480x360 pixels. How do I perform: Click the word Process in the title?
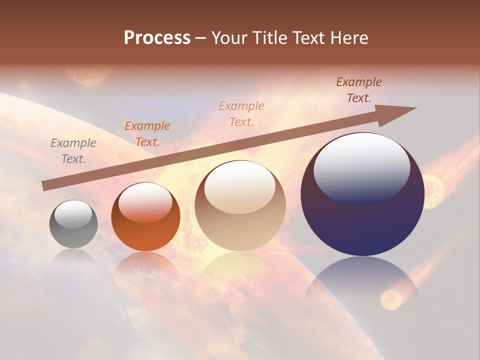click(157, 38)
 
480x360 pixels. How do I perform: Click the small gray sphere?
click(73, 224)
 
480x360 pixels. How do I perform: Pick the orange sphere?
click(145, 217)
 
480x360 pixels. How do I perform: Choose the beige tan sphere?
click(240, 205)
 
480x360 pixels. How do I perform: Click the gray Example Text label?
click(73, 151)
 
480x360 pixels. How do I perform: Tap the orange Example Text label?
click(147, 134)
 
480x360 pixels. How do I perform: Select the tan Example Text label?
click(241, 113)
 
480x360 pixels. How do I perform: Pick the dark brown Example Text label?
click(359, 90)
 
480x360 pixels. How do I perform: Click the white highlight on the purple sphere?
click(362, 168)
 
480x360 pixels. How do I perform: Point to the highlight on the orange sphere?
click(145, 201)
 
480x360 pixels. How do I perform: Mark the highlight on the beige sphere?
click(240, 187)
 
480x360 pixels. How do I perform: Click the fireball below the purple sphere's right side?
click(391, 299)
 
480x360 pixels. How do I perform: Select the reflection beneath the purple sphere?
click(362, 285)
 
